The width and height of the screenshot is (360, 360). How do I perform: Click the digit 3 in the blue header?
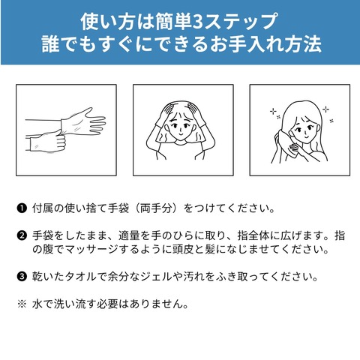(199, 22)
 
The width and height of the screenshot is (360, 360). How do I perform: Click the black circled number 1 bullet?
(22, 208)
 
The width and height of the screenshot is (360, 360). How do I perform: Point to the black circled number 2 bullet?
(22, 235)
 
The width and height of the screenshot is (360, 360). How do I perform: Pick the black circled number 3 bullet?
(22, 277)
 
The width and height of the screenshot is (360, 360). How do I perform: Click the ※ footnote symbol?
(22, 304)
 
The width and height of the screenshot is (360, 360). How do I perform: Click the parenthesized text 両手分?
(156, 208)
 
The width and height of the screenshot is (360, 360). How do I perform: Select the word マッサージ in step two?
(91, 249)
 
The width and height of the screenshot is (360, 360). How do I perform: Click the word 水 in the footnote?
(37, 304)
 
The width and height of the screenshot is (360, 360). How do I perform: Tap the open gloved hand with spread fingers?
(84, 122)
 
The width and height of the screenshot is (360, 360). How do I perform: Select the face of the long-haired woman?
(304, 129)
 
